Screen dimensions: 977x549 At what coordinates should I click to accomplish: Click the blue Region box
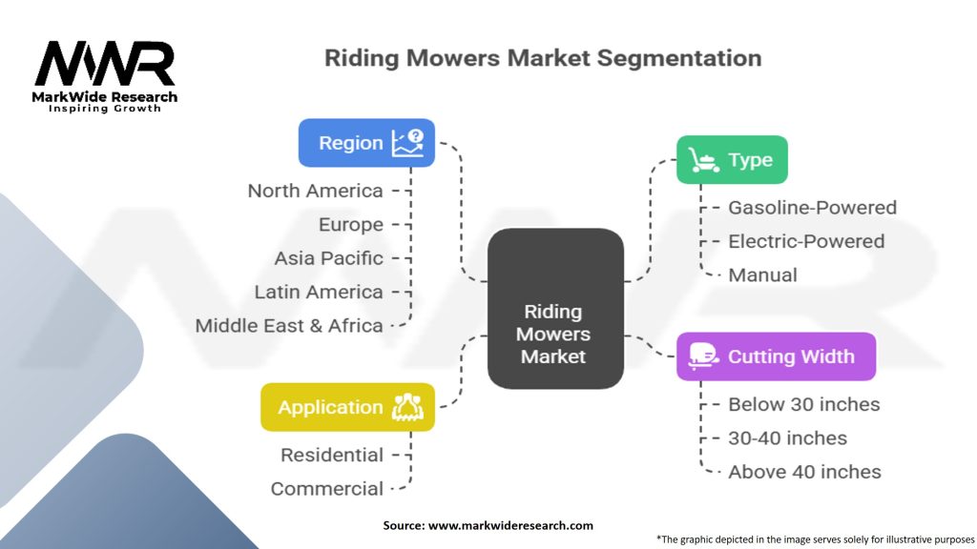(x=366, y=143)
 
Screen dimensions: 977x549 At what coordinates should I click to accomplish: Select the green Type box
(x=732, y=159)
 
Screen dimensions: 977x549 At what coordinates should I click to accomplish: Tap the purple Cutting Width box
(x=777, y=356)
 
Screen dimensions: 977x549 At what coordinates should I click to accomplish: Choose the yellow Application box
(x=347, y=407)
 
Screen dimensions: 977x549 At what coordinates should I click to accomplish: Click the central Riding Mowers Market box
(x=555, y=309)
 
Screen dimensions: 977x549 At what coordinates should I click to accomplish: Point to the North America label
(x=315, y=191)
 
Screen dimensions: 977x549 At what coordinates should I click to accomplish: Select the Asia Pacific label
(x=329, y=258)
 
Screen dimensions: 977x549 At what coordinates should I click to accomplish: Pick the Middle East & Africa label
(x=289, y=326)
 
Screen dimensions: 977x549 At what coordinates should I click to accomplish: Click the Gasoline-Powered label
(x=813, y=207)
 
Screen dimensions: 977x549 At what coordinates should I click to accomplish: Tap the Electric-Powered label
(x=806, y=241)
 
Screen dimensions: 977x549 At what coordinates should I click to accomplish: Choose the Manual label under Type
(x=762, y=275)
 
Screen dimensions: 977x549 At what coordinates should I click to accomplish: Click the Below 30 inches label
(x=804, y=404)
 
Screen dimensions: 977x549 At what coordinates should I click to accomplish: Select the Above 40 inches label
(x=805, y=472)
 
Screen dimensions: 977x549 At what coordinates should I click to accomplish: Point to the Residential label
(x=332, y=455)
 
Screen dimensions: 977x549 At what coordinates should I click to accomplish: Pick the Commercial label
(x=327, y=489)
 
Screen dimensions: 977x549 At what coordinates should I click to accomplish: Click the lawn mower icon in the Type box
(x=704, y=160)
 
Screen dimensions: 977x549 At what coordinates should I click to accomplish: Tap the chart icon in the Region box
(x=408, y=143)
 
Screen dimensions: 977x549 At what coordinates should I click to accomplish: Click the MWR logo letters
(x=105, y=64)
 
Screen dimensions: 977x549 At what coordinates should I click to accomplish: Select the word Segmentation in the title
(x=679, y=58)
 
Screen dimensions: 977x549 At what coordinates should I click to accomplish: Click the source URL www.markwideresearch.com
(x=511, y=525)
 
